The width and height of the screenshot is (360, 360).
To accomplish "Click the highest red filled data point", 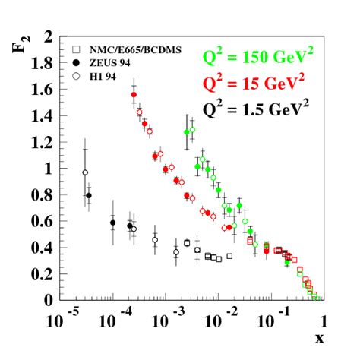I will (x=134, y=95).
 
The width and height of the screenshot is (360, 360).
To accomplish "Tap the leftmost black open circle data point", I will (x=85, y=172).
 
